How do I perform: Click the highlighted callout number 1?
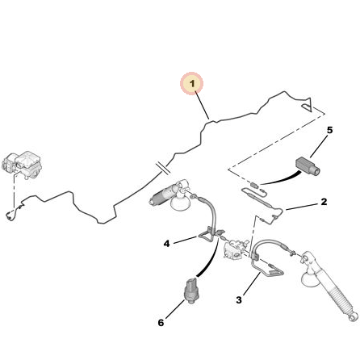coord(191,83)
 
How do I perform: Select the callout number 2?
coord(324,202)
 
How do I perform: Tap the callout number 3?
coord(239,299)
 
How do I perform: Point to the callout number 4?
coord(167,244)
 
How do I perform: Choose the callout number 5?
coord(330,130)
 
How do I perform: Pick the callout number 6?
coord(161,322)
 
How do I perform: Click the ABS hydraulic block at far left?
coord(22,165)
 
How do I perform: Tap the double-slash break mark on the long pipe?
coord(162,168)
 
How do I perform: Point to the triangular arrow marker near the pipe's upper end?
coord(308,105)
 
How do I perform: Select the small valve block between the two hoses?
coord(235,249)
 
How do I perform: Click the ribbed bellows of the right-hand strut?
coord(337,298)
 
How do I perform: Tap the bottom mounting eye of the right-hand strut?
coord(351,318)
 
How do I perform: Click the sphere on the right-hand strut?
coord(309,278)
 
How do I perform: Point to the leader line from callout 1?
coord(202,106)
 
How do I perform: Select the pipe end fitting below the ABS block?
coord(10,215)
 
